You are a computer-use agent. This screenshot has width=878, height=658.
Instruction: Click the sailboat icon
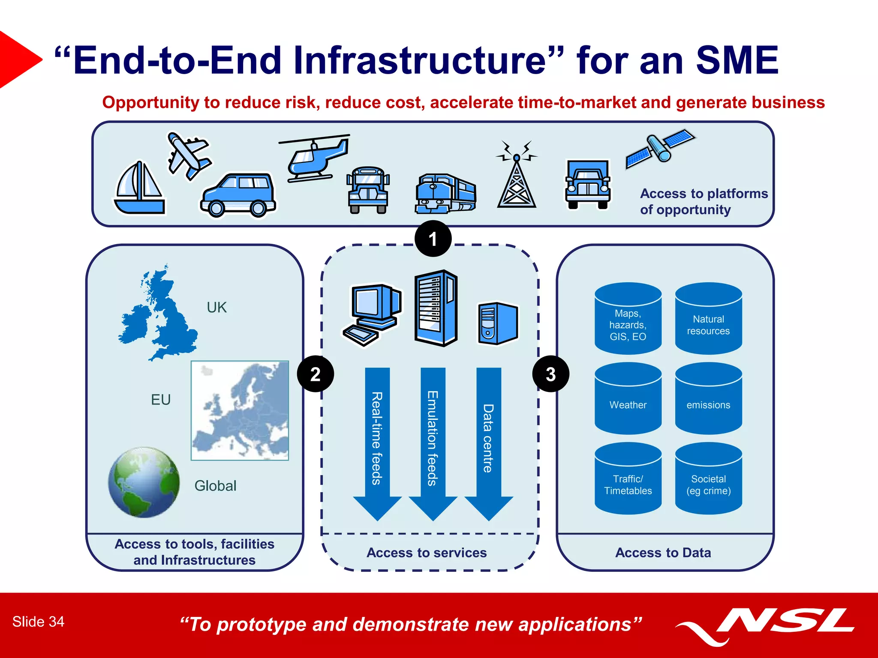pos(139,188)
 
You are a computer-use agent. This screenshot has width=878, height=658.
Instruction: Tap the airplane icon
pos(189,155)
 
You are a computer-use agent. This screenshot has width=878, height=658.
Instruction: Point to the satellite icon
pos(660,148)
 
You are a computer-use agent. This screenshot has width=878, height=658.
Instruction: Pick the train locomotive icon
pos(445,194)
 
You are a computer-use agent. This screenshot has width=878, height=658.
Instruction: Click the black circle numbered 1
pos(433,239)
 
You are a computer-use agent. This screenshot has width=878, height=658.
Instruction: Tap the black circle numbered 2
pos(316,374)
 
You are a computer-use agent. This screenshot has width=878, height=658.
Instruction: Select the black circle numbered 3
pos(551,374)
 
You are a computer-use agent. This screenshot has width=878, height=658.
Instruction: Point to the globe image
pos(144,482)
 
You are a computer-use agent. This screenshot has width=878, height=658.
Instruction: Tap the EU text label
pos(161,400)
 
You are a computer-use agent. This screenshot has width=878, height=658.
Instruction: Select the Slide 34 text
pos(38,622)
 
